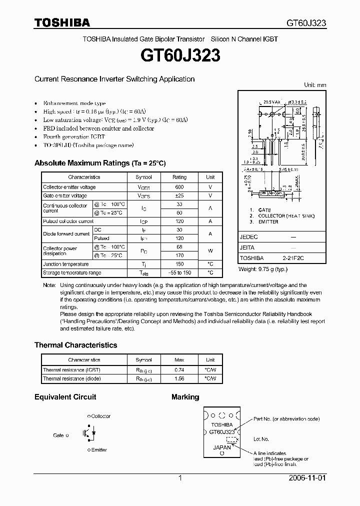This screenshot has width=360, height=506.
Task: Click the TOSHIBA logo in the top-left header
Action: coord(62,22)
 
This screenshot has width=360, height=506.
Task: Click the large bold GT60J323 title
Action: coord(180,56)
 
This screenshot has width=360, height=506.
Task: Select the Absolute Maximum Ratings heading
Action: coord(99,163)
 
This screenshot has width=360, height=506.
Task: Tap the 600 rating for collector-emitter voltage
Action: coord(179,187)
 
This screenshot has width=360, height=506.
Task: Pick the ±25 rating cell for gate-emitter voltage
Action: coord(179,195)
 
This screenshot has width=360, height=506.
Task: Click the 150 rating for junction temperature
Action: coord(179,264)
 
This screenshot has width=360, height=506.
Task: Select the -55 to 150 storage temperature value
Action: coord(179,272)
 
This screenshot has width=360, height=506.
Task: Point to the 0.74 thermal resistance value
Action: coord(179,369)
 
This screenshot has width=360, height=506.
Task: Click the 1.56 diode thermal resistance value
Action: coord(179,378)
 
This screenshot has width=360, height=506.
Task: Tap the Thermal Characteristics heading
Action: coord(75,345)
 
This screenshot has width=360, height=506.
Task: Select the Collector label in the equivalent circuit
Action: coord(100,416)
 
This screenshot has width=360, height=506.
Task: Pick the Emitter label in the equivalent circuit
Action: coord(98,449)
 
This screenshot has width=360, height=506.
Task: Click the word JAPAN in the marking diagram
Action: coord(222,447)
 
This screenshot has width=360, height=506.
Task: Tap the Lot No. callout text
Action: coord(261,439)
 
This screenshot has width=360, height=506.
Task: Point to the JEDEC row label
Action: coord(249,237)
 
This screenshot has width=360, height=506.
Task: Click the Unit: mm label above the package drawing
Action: coord(315,85)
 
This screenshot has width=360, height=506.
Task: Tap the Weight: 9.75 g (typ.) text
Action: coord(262,269)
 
